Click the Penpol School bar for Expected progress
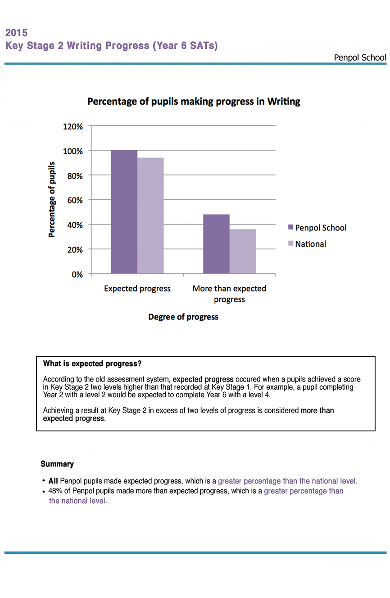click(x=124, y=212)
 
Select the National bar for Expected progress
click(x=150, y=216)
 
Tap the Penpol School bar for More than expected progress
click(x=216, y=244)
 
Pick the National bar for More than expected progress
click(x=243, y=251)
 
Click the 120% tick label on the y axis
click(x=73, y=127)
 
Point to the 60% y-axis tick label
click(x=75, y=201)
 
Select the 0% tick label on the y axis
click(x=77, y=275)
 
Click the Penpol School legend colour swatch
click(x=291, y=227)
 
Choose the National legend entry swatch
click(x=291, y=243)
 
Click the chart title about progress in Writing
click(x=194, y=102)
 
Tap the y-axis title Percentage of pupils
click(x=52, y=199)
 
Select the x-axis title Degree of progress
click(x=183, y=317)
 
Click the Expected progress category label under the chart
click(x=137, y=289)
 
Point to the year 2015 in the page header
click(x=17, y=33)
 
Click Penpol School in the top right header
click(x=360, y=58)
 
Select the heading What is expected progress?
click(x=92, y=363)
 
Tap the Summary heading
click(x=57, y=464)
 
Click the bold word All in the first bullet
click(x=53, y=481)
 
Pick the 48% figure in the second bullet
click(x=55, y=491)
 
